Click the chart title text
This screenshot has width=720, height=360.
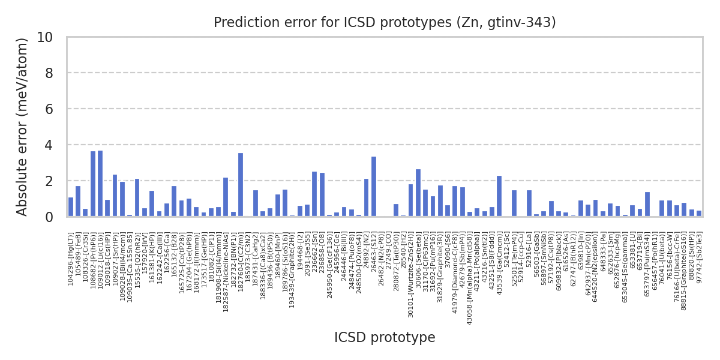(385, 23)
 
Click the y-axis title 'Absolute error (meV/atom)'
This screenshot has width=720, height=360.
(23, 127)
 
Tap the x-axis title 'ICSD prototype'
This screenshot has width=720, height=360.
(385, 338)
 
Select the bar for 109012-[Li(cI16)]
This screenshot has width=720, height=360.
(100, 184)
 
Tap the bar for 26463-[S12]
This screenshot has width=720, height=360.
(374, 187)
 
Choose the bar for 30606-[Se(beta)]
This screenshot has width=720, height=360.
(418, 193)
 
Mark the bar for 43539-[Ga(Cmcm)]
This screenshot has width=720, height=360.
(499, 196)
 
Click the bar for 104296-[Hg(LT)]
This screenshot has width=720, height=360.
(71, 207)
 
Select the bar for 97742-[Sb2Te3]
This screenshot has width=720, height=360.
(699, 214)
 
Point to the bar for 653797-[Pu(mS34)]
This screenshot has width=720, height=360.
(647, 204)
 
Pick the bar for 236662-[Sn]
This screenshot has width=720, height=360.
(314, 194)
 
